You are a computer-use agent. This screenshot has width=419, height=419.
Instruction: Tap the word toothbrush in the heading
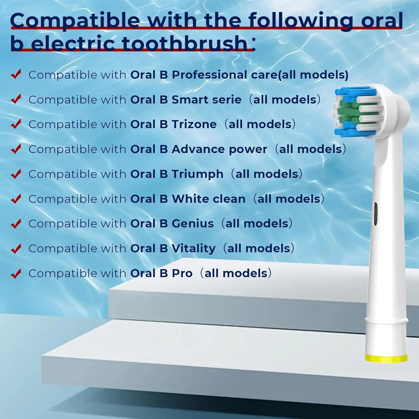185,44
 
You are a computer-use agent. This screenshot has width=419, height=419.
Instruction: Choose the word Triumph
197,174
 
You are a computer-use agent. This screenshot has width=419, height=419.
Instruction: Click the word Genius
193,223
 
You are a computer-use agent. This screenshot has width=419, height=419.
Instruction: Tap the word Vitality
194,248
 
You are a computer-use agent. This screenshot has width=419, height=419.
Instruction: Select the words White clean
209,199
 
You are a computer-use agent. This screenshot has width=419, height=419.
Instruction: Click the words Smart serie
206,100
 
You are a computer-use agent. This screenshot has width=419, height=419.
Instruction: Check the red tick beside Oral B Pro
16,273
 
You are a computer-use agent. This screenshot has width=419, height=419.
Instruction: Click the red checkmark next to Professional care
16,74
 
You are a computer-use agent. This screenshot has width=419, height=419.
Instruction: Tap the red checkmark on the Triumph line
16,174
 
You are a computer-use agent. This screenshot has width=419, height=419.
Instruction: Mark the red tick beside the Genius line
16,223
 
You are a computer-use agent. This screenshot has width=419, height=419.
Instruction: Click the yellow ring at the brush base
386,358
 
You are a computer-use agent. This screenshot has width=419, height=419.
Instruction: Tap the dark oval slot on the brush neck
375,214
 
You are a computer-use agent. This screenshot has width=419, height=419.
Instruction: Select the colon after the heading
253,44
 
